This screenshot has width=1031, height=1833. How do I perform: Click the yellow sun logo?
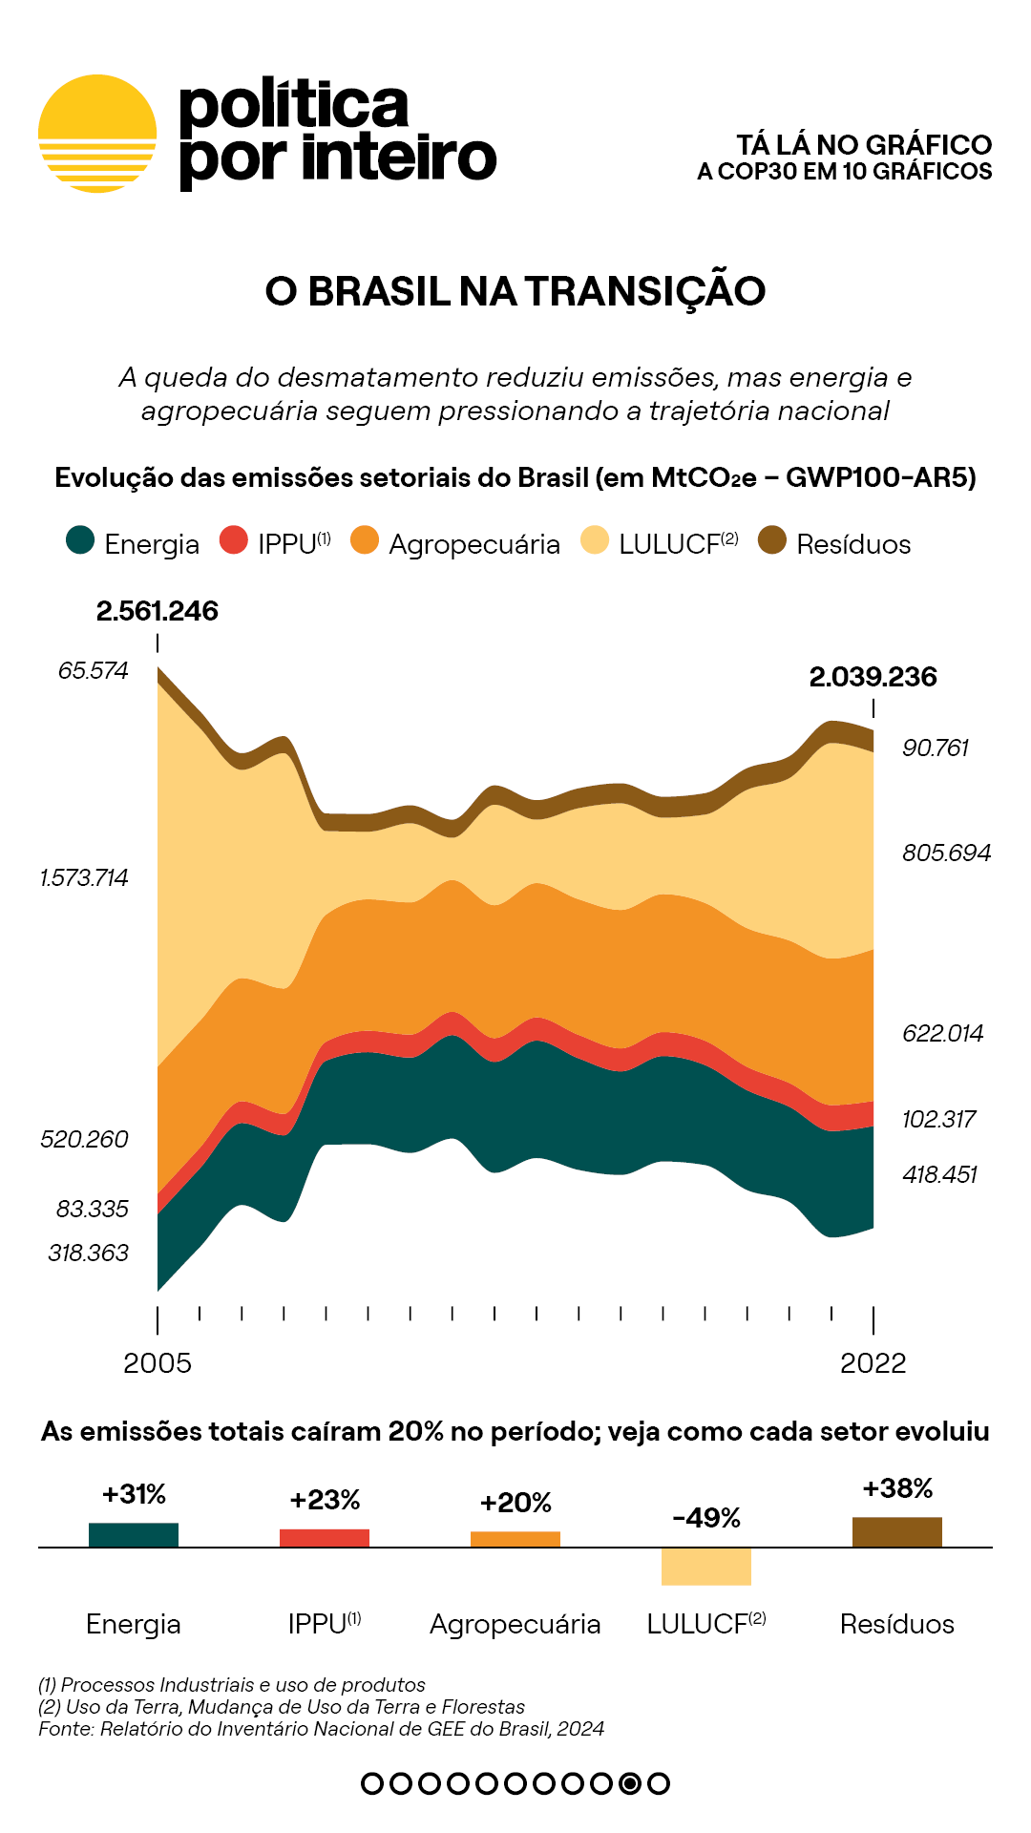pyautogui.click(x=97, y=134)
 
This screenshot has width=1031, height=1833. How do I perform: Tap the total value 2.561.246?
pyautogui.click(x=158, y=611)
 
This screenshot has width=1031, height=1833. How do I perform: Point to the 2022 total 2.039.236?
pyautogui.click(x=873, y=677)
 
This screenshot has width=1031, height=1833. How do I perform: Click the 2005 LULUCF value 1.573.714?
pyautogui.click(x=84, y=878)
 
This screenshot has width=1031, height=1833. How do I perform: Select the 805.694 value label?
pyautogui.click(x=946, y=853)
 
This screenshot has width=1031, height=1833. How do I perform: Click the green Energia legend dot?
pyautogui.click(x=80, y=540)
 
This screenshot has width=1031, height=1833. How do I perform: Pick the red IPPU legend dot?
pyautogui.click(x=233, y=540)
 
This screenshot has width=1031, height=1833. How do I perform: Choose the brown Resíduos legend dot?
pyautogui.click(x=771, y=540)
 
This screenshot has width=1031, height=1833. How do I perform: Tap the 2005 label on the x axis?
pyautogui.click(x=158, y=1363)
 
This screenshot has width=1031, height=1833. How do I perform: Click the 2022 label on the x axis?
pyautogui.click(x=873, y=1363)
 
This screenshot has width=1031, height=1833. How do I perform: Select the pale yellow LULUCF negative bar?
pyautogui.click(x=706, y=1567)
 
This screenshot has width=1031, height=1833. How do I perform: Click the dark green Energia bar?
pyautogui.click(x=134, y=1534)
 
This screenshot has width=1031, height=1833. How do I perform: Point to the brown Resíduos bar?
pyautogui.click(x=897, y=1531)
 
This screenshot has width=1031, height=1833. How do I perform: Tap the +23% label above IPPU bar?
pyautogui.click(x=325, y=1501)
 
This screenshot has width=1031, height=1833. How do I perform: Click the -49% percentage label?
pyautogui.click(x=706, y=1518)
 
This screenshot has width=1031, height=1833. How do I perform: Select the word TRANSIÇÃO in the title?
pyautogui.click(x=645, y=292)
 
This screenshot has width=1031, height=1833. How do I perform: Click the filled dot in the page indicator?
pyautogui.click(x=630, y=1783)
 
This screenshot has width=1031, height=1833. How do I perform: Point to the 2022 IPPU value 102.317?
pyautogui.click(x=938, y=1119)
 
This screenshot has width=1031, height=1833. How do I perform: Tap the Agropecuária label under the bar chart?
pyautogui.click(x=515, y=1624)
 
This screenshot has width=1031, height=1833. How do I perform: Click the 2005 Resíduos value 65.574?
pyautogui.click(x=93, y=671)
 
